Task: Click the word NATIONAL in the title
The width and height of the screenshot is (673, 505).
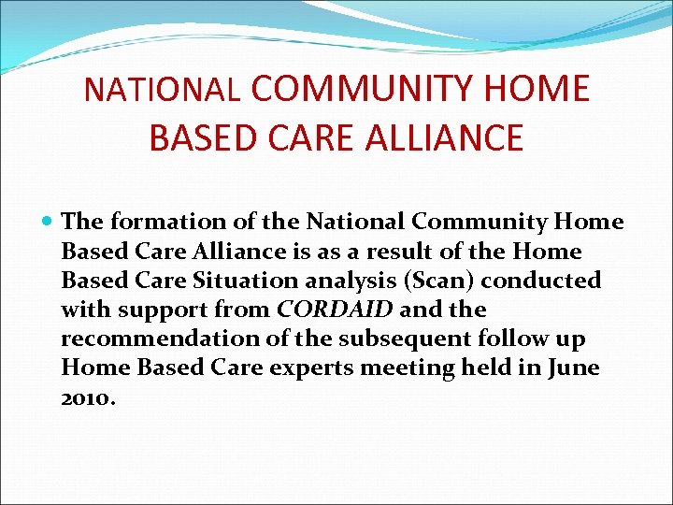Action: (162, 89)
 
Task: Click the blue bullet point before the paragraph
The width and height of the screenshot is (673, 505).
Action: (49, 223)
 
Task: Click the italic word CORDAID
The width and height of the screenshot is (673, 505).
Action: (336, 309)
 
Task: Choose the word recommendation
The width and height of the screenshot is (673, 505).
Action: (152, 338)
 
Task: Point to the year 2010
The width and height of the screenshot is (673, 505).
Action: (87, 397)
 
